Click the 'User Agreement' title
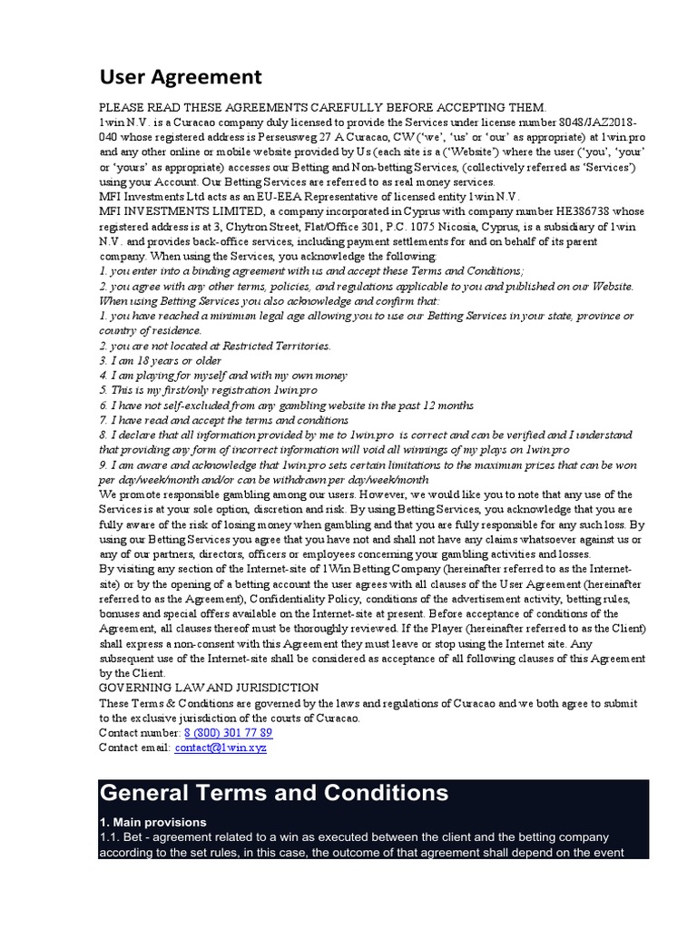coord(180,77)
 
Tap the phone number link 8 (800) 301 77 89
coord(228,732)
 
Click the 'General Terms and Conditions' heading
coord(274,793)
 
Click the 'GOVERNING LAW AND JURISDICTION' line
coord(209,688)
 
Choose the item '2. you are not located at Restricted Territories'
coord(215,346)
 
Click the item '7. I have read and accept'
coord(223,420)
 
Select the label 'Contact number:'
coord(139,732)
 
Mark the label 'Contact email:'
coord(134,748)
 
